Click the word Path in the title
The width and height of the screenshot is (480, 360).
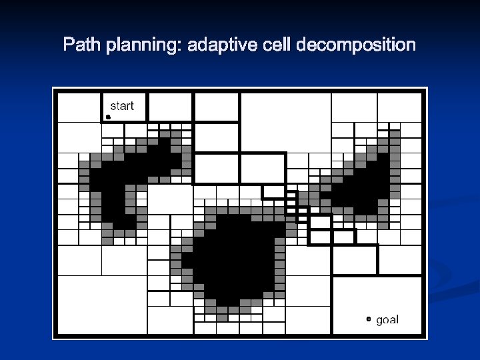[79, 45]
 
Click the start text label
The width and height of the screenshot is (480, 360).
[121, 105]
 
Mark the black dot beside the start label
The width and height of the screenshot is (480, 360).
[108, 117]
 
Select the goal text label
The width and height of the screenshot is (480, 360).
[387, 320]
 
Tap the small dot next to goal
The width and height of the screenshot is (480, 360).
[369, 320]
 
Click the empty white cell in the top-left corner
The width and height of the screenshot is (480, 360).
[79, 107]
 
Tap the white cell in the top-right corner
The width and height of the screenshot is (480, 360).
[399, 107]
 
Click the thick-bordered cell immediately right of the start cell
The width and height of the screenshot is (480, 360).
[170, 107]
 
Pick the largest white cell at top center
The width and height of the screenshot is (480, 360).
[285, 122]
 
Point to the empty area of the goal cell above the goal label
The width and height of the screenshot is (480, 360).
[377, 293]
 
